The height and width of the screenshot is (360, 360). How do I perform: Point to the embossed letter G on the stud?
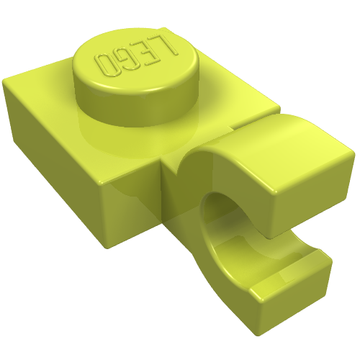pos(127,60)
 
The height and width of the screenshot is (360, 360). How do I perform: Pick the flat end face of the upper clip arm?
pos(312,202)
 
